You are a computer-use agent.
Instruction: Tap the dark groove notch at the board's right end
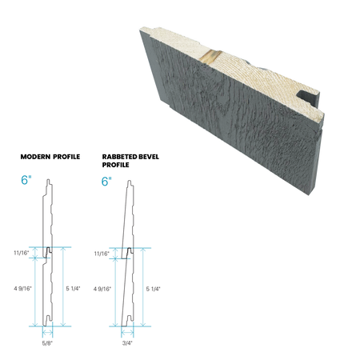[x=308, y=95]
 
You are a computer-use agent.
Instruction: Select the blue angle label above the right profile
[x=104, y=181]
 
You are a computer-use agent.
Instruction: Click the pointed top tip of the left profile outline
[x=50, y=178]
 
